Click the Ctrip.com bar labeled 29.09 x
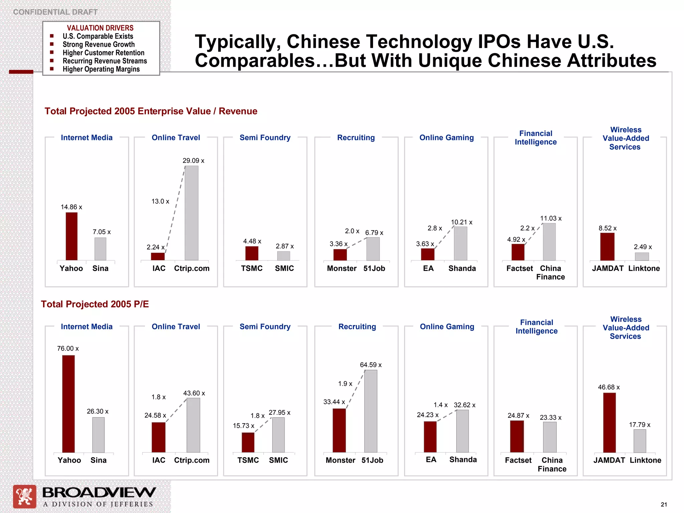(191, 213)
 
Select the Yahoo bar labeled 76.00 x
(68, 404)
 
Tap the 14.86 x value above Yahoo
(71, 207)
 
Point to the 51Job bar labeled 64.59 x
(371, 411)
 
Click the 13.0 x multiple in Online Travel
(160, 201)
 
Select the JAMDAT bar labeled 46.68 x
(609, 422)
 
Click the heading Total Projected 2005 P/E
(95, 304)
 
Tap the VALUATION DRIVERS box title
(100, 28)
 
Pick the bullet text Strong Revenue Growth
(99, 44)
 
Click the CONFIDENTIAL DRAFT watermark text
(55, 12)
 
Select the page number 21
(664, 505)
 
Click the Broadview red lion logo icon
(24, 496)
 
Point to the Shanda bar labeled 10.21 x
(460, 243)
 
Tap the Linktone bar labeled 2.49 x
(642, 256)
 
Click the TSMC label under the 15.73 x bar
(248, 460)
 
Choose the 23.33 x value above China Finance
(550, 417)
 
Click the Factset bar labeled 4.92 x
(518, 252)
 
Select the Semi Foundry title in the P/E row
(265, 327)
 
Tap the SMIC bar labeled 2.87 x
(284, 256)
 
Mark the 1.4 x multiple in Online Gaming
(440, 405)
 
